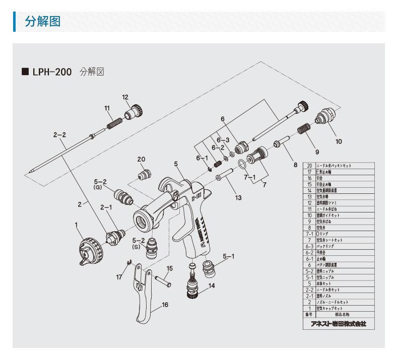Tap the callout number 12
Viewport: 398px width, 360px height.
click(125, 97)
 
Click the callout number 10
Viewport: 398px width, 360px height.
click(338, 141)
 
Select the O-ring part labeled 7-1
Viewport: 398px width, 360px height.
click(242, 163)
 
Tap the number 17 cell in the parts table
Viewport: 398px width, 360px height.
click(310, 172)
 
